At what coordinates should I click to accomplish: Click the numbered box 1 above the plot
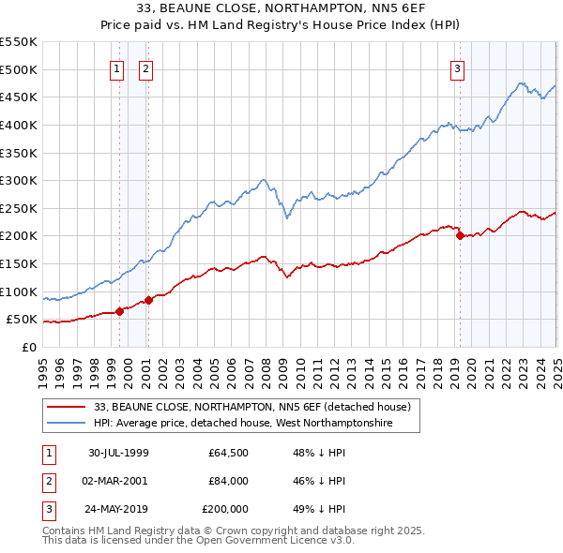[117, 67]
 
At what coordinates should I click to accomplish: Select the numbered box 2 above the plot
[147, 67]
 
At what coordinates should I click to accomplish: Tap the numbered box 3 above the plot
[457, 67]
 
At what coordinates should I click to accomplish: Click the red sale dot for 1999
[120, 312]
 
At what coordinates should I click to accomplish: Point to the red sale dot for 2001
[148, 301]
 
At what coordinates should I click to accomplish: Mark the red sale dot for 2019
[460, 236]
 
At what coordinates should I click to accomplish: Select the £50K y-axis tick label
[22, 320]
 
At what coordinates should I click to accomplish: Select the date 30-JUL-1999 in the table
[118, 453]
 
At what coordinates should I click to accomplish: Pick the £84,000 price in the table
[229, 481]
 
